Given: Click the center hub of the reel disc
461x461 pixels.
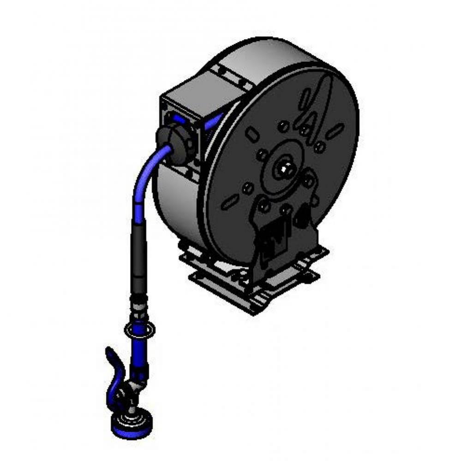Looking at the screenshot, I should click(282, 169).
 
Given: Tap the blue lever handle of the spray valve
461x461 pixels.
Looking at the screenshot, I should click(112, 362).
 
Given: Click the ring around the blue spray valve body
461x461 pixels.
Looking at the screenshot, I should click(140, 331).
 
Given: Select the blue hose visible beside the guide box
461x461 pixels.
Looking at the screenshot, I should click(213, 122).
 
